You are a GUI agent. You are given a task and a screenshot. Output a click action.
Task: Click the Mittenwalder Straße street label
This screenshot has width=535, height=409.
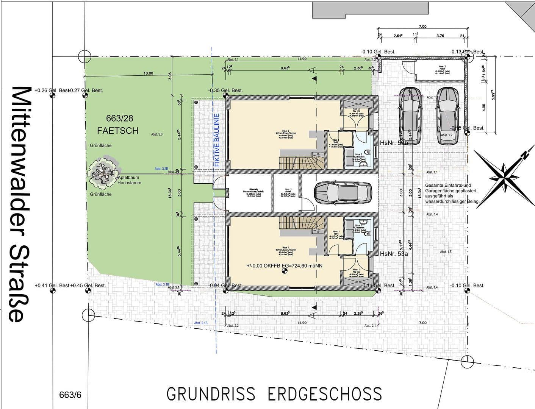click(21, 204)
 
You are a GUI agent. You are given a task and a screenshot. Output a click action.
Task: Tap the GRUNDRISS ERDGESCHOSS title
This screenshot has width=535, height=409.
click(274, 394)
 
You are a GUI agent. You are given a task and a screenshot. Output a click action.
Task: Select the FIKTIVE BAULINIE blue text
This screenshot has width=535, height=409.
click(217, 140)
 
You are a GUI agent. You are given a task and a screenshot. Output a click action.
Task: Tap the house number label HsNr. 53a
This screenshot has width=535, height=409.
click(394, 254)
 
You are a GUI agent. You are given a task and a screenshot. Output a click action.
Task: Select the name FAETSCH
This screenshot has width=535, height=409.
click(118, 131)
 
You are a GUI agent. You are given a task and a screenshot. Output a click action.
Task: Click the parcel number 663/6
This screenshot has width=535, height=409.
click(70, 395)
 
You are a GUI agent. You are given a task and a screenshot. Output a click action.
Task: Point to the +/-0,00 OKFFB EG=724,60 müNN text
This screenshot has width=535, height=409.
click(284, 266)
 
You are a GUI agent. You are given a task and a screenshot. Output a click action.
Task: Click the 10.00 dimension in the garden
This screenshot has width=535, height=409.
click(148, 73)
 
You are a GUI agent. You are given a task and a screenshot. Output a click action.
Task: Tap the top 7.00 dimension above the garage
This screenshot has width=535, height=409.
click(422, 27)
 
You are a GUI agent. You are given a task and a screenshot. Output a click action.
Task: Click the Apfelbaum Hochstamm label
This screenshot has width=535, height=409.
click(129, 180)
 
